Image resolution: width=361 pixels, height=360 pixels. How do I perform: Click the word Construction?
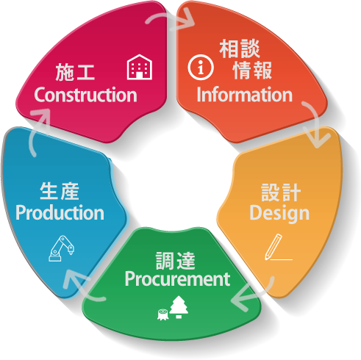(x=85, y=95)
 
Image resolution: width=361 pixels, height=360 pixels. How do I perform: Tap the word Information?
(x=245, y=95)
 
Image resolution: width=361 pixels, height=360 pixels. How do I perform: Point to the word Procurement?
(x=177, y=279)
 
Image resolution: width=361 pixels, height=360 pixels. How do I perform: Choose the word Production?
(x=60, y=212)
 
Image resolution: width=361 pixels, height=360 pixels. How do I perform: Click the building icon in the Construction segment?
(x=140, y=67)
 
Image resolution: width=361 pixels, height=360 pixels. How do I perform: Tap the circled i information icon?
(x=201, y=68)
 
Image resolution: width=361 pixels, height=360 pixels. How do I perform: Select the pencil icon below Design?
(x=278, y=247)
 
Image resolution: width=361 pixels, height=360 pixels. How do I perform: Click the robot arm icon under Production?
(x=61, y=248)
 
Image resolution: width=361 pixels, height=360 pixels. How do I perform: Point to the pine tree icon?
(x=179, y=307)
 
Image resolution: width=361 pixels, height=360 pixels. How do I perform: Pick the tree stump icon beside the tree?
(x=162, y=314)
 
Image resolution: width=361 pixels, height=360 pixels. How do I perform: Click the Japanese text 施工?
(x=75, y=72)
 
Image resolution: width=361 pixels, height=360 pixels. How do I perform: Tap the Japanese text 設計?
(x=281, y=192)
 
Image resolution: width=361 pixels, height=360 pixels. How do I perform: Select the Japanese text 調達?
(x=176, y=261)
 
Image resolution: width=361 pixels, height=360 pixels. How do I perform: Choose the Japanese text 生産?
(x=60, y=191)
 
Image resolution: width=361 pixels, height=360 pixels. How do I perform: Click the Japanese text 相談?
(x=240, y=48)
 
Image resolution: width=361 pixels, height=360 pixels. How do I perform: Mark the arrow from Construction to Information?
(x=171, y=18)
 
